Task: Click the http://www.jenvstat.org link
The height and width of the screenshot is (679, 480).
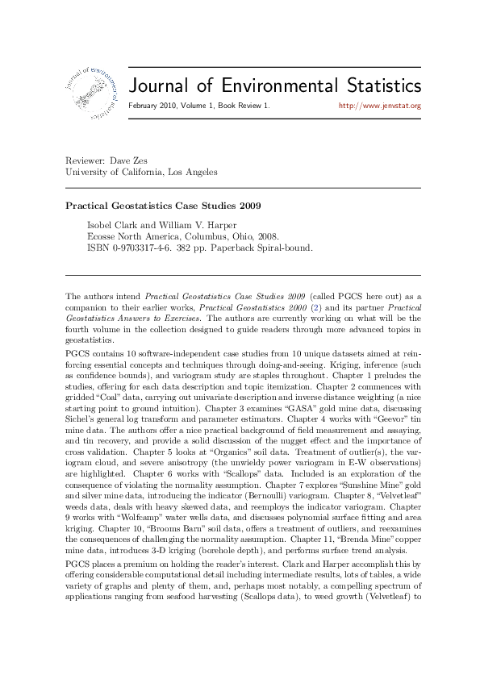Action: (380, 106)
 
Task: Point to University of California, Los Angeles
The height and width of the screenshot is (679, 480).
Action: (141, 172)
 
